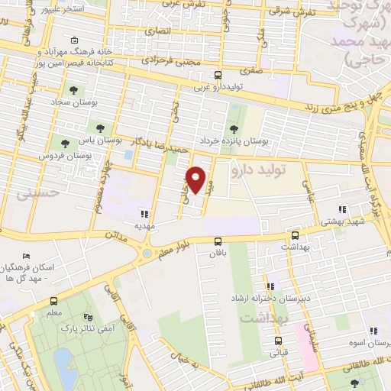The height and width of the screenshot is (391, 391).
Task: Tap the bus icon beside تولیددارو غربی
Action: [219, 76]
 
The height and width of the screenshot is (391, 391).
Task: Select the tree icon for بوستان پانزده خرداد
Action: [234, 128]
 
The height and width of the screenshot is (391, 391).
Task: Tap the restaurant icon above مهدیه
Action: [144, 214]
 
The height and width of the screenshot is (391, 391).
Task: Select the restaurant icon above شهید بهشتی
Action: [341, 208]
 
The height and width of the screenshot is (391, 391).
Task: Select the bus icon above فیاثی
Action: [278, 341]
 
